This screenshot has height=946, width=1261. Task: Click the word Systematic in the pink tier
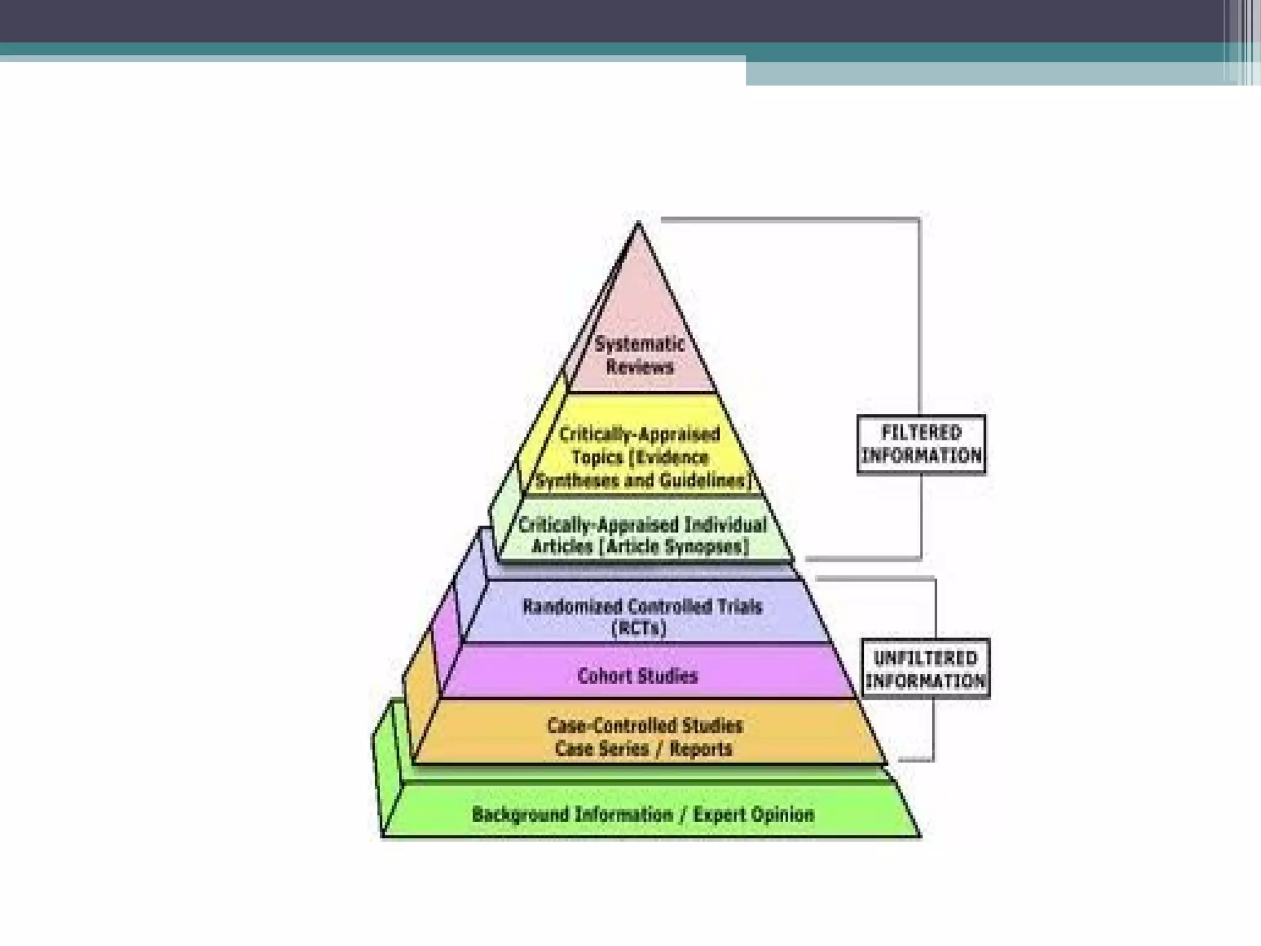(639, 344)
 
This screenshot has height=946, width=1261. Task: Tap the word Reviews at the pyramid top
(640, 368)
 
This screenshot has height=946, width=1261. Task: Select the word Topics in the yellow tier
(597, 458)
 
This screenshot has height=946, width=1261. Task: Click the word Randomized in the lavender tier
(572, 607)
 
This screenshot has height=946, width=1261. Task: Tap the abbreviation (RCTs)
(639, 629)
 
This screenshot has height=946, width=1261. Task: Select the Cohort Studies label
(638, 676)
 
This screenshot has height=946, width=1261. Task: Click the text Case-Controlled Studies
(645, 726)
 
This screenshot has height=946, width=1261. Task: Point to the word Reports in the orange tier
(701, 750)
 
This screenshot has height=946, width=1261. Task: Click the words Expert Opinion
(754, 815)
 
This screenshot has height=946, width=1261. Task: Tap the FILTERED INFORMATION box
(921, 445)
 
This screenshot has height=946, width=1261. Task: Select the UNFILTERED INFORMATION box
(925, 669)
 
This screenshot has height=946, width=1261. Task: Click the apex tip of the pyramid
(639, 224)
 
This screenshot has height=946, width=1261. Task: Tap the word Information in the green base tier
(624, 815)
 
